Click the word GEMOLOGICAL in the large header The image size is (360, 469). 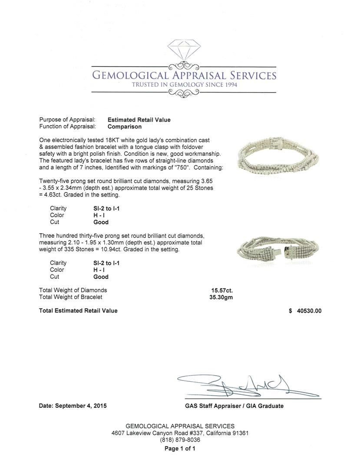[x=130, y=76]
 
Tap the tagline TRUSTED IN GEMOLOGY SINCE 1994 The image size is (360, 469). [x=185, y=85]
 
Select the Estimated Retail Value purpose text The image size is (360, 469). [x=139, y=120]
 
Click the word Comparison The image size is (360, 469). [x=125, y=127]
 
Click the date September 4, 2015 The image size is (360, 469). [x=73, y=406]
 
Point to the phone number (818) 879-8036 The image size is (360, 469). [x=180, y=440]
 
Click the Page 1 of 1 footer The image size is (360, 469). [x=180, y=449]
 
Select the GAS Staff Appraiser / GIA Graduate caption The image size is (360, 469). [x=234, y=406]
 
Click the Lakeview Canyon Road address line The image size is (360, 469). [x=180, y=433]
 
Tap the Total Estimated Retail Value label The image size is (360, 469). [x=78, y=310]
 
